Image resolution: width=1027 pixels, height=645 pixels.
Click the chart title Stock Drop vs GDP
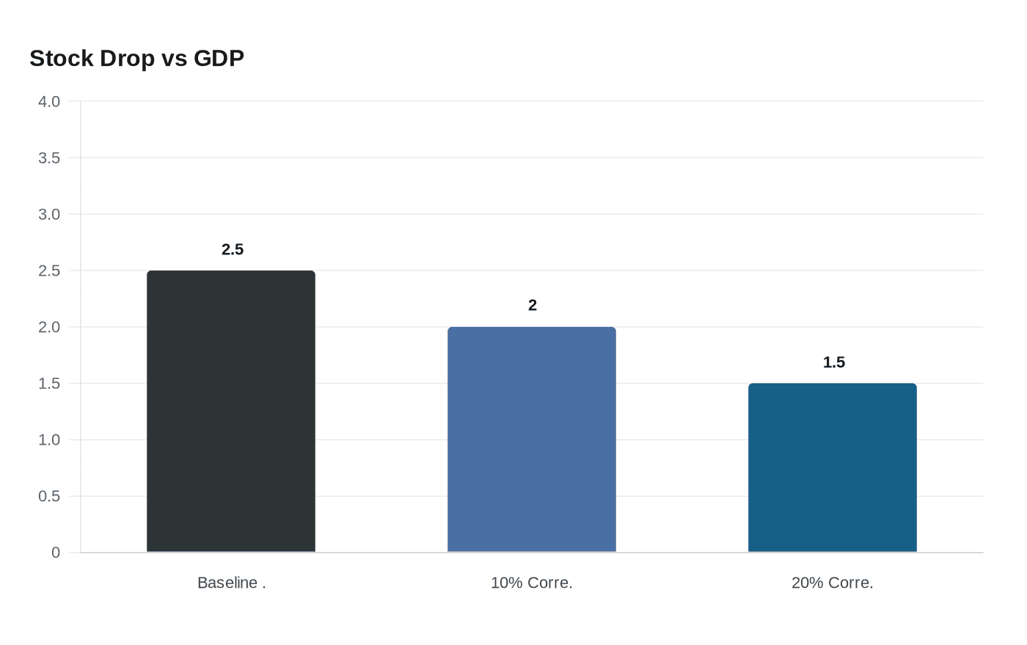pos(136,58)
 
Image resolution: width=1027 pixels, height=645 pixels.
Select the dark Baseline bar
pos(231,411)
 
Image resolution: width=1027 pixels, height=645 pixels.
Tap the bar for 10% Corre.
pos(532,439)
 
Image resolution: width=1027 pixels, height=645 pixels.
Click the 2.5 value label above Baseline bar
pos(233,250)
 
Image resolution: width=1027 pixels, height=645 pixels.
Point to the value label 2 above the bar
pos(533,306)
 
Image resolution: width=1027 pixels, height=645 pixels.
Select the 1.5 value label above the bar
pos(834,363)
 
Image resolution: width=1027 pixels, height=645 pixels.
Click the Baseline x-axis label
pos(231,583)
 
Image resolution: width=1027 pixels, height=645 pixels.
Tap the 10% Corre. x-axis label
pos(532,583)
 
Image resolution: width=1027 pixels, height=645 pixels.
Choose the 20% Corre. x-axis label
pos(833,583)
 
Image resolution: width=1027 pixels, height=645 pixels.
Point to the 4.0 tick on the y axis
pos(49,102)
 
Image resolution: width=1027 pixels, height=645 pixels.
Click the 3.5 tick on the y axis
pos(49,158)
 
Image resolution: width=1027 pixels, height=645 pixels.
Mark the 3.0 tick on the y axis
pos(49,215)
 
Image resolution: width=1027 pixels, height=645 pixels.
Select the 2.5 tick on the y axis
pos(49,271)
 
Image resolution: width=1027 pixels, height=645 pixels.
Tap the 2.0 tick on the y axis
pos(49,328)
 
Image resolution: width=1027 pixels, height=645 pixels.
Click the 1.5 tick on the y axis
pos(49,384)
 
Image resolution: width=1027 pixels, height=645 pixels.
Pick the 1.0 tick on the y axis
pos(49,441)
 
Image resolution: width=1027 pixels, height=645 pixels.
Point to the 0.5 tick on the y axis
pos(49,497)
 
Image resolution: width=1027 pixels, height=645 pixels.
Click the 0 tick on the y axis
pos(56,553)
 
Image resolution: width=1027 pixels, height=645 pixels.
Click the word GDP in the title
pos(219,58)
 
